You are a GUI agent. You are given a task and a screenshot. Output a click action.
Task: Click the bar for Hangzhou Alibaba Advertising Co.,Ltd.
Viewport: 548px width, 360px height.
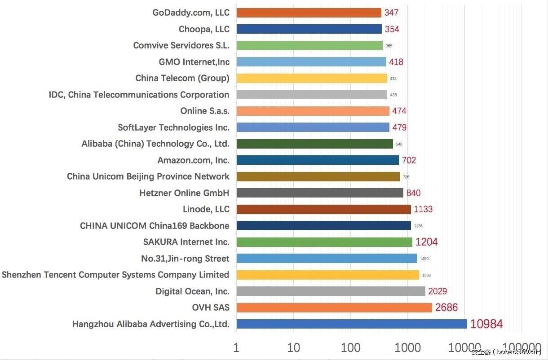tap(351, 324)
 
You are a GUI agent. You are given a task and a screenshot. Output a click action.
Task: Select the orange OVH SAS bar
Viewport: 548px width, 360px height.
tap(334, 307)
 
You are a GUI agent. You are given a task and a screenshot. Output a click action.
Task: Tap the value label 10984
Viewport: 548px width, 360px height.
tap(486, 324)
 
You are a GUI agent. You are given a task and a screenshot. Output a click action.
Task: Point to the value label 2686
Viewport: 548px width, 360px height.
tap(446, 307)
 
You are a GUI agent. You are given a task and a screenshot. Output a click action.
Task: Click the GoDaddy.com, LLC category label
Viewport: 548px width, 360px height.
tap(191, 13)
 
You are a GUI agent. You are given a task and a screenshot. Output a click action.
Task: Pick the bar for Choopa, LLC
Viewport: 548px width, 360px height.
tap(309, 29)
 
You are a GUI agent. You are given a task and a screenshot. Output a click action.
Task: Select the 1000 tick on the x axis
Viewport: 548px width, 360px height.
tap(407, 347)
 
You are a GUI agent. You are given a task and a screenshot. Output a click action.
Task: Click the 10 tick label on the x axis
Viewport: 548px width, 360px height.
tap(293, 347)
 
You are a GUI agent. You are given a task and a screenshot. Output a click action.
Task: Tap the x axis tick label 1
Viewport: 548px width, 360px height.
tap(236, 347)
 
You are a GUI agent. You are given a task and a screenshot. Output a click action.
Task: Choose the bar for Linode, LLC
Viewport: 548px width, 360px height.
tap(323, 209)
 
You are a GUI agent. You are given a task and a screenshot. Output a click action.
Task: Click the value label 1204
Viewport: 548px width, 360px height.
tap(426, 242)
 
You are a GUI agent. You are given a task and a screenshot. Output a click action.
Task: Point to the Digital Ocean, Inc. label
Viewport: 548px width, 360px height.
tap(192, 291)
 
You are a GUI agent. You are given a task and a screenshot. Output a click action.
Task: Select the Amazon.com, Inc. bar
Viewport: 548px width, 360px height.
tap(317, 160)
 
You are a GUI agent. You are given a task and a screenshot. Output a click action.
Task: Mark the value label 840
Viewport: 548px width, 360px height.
tap(413, 193)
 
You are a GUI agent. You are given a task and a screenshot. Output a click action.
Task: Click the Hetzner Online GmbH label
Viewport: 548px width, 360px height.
tap(184, 193)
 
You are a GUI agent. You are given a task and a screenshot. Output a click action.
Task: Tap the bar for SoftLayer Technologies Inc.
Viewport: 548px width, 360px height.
tap(313, 127)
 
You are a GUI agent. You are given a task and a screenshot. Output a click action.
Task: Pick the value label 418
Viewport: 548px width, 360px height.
tap(396, 62)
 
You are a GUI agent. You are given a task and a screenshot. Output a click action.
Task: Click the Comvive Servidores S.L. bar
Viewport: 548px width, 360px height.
tap(309, 45)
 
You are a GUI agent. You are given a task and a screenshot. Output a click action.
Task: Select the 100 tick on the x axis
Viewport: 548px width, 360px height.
tap(350, 347)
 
